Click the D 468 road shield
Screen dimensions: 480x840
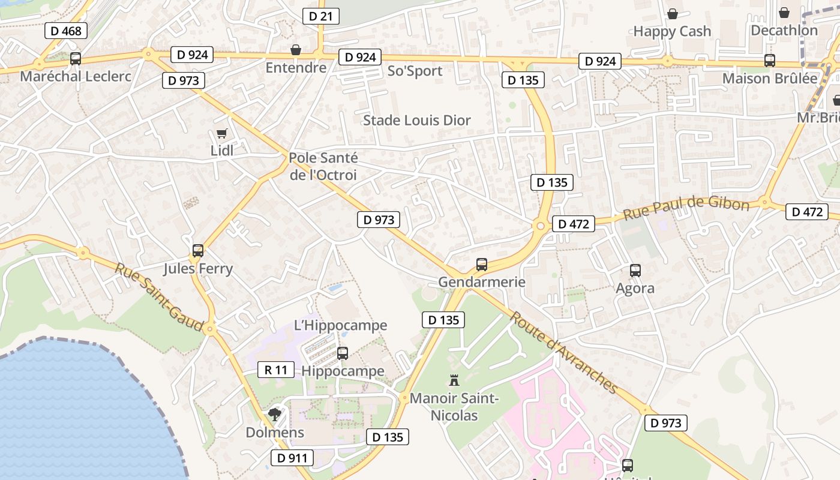tap(66, 31)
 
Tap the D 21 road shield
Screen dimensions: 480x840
tap(321, 16)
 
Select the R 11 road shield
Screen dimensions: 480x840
tap(276, 370)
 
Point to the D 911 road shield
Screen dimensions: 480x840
tap(292, 458)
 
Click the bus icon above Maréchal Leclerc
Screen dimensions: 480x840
tap(76, 59)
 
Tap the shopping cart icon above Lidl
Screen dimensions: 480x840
tap(221, 133)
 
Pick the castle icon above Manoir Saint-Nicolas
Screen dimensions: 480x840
tap(454, 380)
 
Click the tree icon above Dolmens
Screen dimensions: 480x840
tap(275, 414)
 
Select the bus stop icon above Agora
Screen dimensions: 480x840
tap(635, 271)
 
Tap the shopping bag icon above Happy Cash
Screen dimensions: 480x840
tap(673, 13)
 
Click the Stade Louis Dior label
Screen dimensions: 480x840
tap(417, 120)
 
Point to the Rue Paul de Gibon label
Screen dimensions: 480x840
tap(686, 208)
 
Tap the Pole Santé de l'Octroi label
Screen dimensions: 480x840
tap(323, 166)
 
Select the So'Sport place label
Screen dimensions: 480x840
tap(415, 71)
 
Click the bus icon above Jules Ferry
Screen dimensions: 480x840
tap(198, 251)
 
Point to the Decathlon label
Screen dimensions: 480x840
tap(784, 30)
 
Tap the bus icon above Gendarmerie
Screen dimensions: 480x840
tap(481, 264)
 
